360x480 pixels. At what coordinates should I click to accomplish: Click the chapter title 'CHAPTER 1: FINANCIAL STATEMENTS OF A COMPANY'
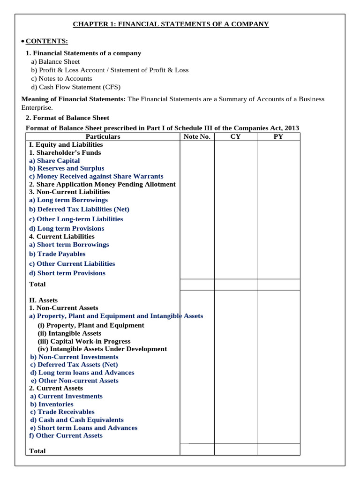coord(171,24)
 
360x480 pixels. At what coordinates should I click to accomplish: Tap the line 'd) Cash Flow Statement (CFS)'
coord(75,87)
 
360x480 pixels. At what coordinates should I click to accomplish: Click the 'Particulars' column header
coord(103,136)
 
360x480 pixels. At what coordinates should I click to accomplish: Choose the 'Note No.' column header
coord(197,136)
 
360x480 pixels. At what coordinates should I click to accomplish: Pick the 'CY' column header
coord(235,136)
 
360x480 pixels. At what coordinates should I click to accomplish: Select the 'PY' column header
coord(278,136)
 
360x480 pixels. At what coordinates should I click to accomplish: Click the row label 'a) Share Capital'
coord(54,160)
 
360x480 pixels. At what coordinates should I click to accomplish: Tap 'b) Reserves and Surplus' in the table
coord(67,168)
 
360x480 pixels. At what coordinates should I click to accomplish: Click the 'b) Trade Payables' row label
coord(57,254)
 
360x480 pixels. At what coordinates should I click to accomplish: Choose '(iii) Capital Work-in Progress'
coord(84,341)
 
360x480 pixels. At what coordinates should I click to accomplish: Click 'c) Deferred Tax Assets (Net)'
coord(74,364)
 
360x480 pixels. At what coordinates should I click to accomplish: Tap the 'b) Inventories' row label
coord(52,404)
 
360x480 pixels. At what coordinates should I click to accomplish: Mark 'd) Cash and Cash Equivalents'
coord(77,420)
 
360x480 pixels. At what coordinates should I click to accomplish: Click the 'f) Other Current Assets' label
coord(66,435)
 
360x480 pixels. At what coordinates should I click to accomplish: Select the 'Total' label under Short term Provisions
coord(37,284)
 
